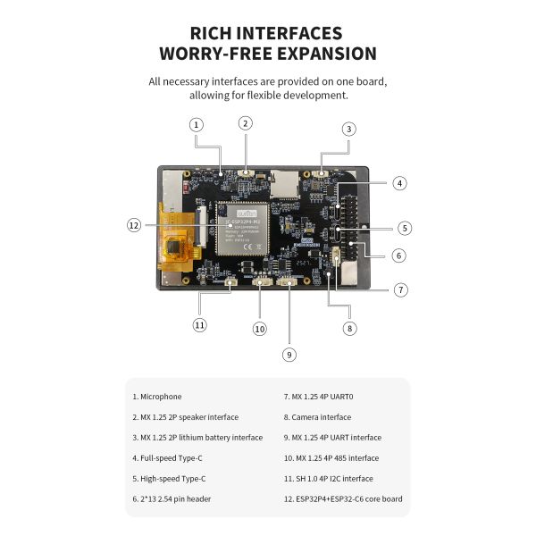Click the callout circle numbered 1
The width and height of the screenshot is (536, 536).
pos(197,125)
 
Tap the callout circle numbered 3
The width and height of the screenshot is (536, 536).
pos(348,129)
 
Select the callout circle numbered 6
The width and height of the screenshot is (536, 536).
pos(398,255)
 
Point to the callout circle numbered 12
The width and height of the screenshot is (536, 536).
pos(134,225)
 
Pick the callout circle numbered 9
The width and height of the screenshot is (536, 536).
pos(289,355)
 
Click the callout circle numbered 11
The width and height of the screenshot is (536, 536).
pos(200,324)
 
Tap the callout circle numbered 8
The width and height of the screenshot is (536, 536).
pos(349,328)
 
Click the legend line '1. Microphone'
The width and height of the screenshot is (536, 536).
pos(157,397)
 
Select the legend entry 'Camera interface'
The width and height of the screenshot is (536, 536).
pos(318,417)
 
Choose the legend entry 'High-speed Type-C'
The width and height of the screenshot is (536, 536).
pos(170,479)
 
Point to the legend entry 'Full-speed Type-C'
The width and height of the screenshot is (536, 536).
pos(168,458)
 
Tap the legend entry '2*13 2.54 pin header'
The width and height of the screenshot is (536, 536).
pos(172,499)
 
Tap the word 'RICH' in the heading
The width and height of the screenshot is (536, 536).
pos(215,33)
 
